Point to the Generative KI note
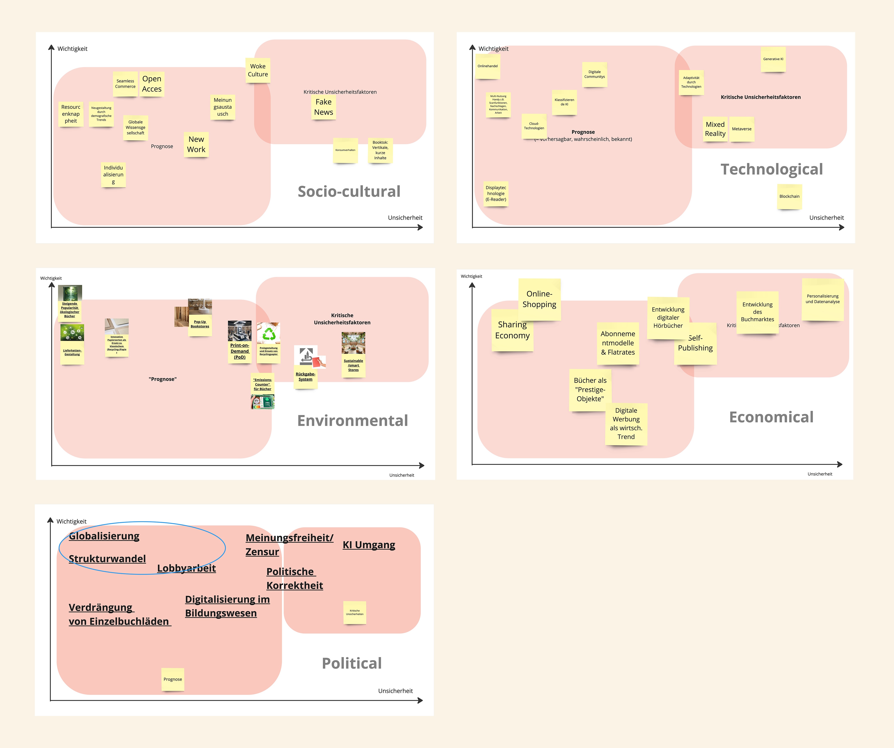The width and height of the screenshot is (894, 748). [x=773, y=59]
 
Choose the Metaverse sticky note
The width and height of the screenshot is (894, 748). [x=742, y=129]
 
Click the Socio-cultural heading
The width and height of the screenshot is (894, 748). [x=349, y=192]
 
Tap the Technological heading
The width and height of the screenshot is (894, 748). [x=771, y=169]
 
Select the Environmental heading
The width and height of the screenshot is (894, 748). [x=352, y=421]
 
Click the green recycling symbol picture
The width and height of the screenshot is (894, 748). [x=269, y=333]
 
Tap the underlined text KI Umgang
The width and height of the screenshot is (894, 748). [x=369, y=545]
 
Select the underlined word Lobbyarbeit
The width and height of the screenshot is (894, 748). [x=186, y=568]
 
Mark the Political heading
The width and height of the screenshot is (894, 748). [x=352, y=663]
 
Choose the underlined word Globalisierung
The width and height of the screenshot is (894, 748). [x=104, y=536]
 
